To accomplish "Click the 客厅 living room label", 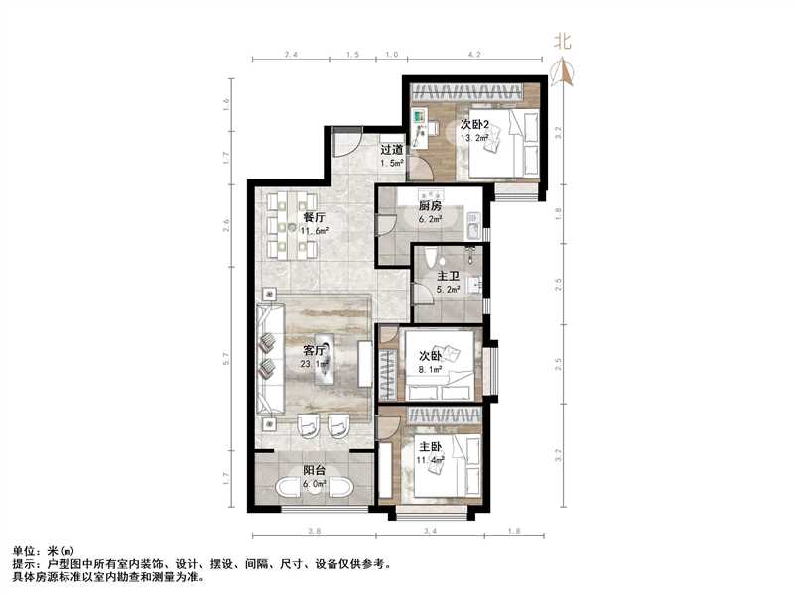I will click(x=313, y=349).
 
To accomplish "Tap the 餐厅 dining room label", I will click(x=314, y=216).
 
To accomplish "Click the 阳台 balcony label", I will click(x=315, y=471).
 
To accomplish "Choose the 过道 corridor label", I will click(x=391, y=150).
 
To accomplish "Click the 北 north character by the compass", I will click(x=563, y=43).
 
